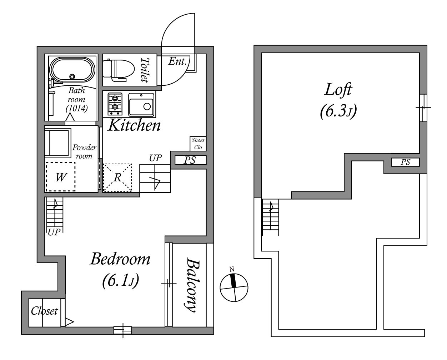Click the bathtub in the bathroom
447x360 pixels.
[x=72, y=69]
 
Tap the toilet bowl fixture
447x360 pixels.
[x=118, y=70]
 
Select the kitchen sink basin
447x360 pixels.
[x=141, y=105]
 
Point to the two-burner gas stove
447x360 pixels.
[x=115, y=104]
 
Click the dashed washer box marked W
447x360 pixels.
[x=60, y=177]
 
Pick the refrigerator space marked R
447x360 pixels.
[x=117, y=177]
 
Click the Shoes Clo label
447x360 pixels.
[x=198, y=144]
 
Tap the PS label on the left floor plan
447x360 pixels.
[x=190, y=160]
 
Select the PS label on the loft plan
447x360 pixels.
[x=405, y=162]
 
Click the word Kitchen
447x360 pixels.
[x=134, y=125]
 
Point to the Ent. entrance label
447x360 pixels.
[x=177, y=61]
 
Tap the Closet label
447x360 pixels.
[x=44, y=311]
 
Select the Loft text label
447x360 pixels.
[x=338, y=90]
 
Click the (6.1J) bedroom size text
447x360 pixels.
[x=121, y=281]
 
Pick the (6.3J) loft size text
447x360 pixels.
[x=338, y=111]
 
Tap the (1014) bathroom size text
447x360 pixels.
[x=77, y=108]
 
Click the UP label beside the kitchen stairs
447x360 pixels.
[x=155, y=158]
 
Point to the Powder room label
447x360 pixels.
[x=84, y=152]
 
